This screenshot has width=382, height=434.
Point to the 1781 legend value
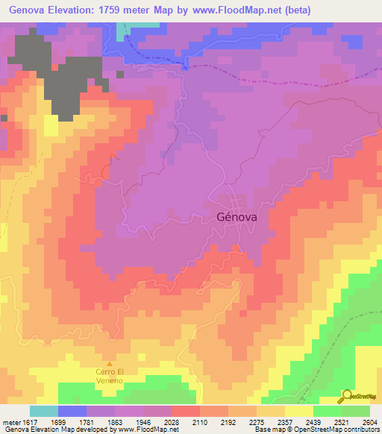tap(98, 421)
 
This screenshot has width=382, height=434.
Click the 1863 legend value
tap(129, 421)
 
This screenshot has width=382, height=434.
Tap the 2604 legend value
tap(371, 421)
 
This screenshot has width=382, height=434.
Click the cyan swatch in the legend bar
tap(44, 411)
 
